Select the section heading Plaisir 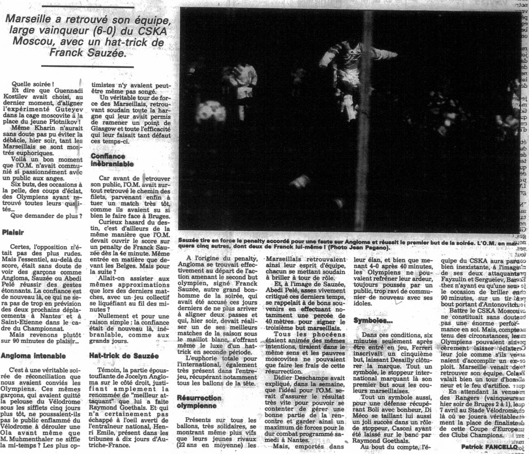point(15,231)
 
